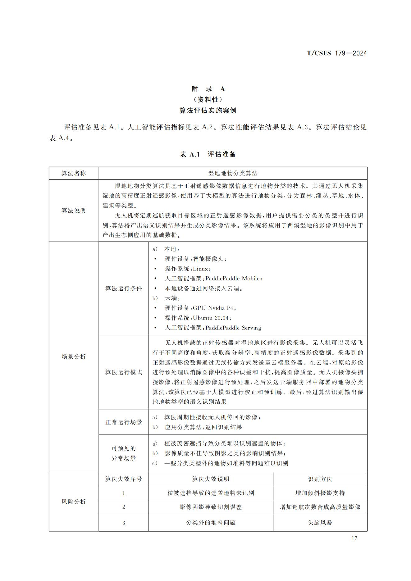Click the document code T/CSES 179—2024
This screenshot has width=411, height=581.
(336, 53)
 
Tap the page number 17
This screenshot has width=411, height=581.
(354, 538)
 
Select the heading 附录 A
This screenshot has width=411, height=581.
(208, 89)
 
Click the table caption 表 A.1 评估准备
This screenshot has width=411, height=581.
(208, 154)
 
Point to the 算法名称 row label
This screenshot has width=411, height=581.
(74, 173)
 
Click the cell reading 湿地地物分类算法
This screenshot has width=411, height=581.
(233, 173)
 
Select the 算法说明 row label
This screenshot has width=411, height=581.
(74, 211)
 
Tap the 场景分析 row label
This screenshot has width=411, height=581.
(74, 356)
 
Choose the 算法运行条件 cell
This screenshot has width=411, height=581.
(124, 288)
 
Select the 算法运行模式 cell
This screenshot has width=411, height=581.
(124, 372)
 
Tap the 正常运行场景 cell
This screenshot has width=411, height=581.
(124, 422)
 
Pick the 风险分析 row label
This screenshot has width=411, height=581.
(74, 502)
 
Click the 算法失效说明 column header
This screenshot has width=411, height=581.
(211, 479)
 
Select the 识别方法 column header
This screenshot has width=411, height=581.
(320, 479)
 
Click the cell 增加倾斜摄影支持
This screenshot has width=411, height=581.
(320, 493)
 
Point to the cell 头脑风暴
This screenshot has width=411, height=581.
(320, 523)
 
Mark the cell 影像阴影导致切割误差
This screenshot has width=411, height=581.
(211, 507)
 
